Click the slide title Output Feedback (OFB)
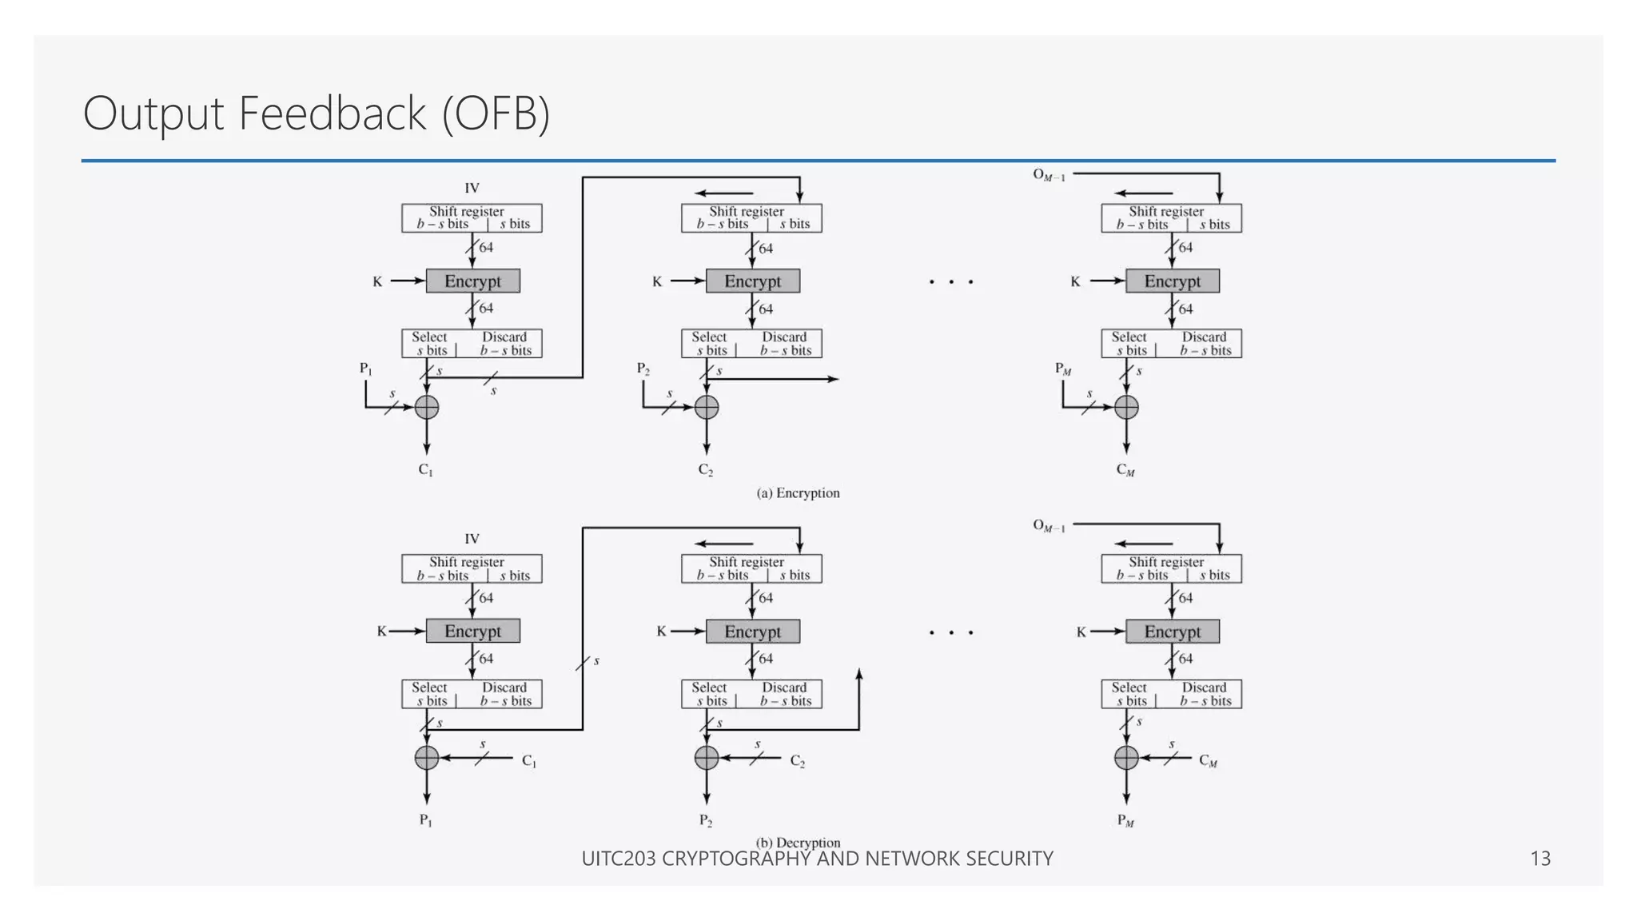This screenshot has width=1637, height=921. click(317, 114)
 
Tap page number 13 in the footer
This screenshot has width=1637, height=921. click(1539, 859)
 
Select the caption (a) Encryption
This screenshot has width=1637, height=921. click(798, 493)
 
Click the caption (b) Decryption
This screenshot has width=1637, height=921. click(798, 842)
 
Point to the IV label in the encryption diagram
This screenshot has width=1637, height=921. click(472, 188)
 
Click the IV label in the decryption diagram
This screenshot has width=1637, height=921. click(472, 539)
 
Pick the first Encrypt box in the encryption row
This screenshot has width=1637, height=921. click(472, 281)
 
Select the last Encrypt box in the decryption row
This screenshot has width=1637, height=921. click(1172, 632)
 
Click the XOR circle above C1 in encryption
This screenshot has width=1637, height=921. click(427, 408)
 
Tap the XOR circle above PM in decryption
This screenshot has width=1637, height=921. click(1126, 757)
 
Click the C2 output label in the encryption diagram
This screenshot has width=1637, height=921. click(706, 470)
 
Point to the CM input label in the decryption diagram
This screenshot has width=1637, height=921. click(1208, 761)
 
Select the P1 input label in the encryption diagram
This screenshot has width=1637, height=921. click(365, 369)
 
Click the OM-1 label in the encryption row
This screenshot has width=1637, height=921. click(1049, 175)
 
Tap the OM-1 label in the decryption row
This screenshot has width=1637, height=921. click(1049, 526)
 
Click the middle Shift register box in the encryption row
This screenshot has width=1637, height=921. click(751, 218)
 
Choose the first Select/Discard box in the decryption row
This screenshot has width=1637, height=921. click(472, 694)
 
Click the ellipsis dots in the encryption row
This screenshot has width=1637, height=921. click(951, 282)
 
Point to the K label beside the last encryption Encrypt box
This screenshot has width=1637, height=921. click(1075, 281)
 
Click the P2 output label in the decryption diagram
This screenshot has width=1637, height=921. click(706, 820)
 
